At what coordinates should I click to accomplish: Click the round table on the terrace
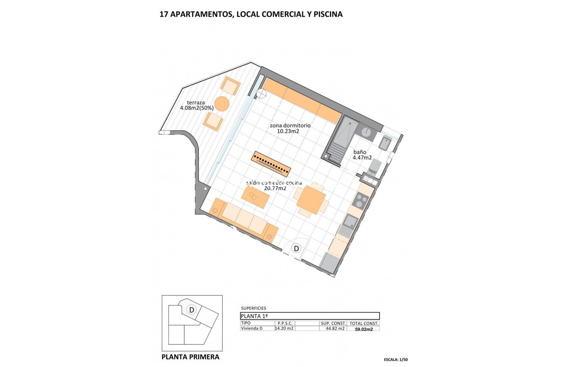click(222, 103)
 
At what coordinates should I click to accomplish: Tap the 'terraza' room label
click(196, 103)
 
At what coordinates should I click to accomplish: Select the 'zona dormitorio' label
click(290, 126)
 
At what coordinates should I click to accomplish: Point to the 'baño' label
click(359, 152)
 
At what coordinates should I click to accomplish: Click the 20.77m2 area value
click(276, 188)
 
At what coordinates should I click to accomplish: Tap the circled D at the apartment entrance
click(296, 248)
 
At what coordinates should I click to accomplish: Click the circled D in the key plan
click(192, 310)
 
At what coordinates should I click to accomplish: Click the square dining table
click(311, 200)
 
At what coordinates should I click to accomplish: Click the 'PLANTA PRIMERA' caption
click(191, 357)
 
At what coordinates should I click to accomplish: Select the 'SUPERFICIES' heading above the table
click(253, 308)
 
